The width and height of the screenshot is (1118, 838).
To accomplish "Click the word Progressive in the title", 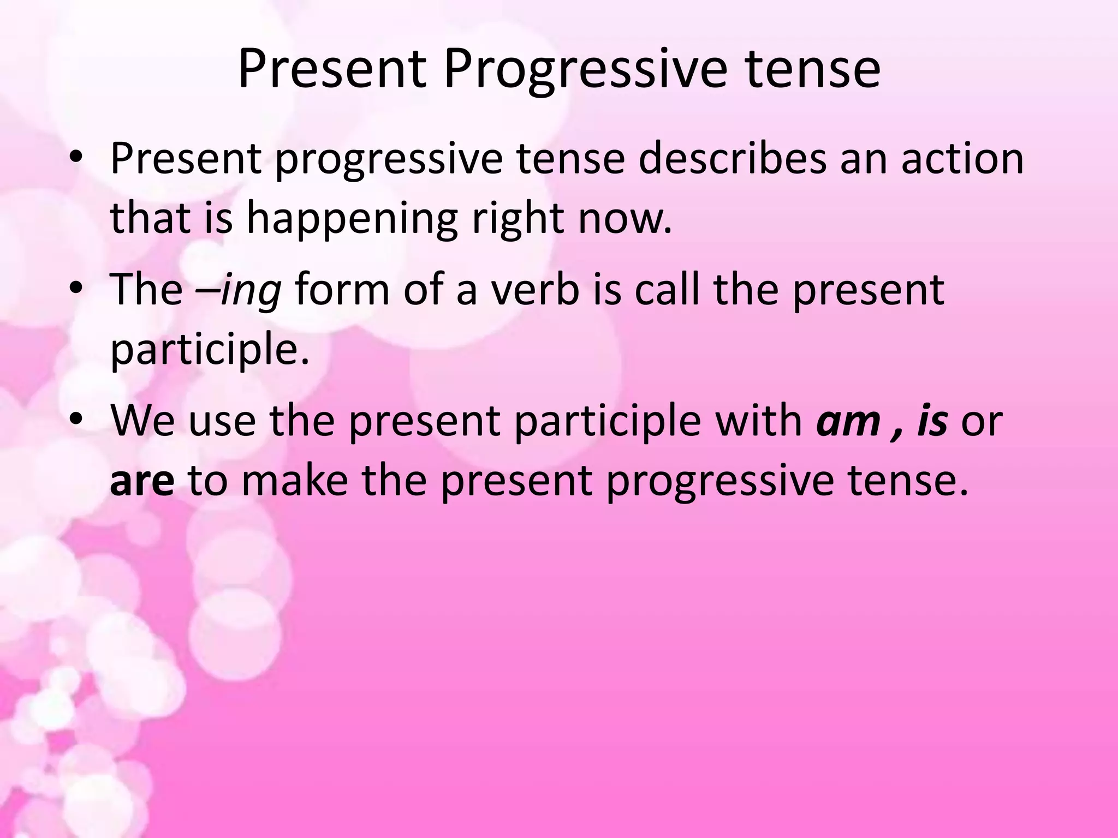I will coord(585,70).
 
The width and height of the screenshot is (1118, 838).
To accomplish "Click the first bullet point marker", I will coord(76,158).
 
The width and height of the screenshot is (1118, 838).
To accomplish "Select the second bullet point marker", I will coord(76,289).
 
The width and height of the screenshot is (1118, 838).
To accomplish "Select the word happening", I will coord(352,218).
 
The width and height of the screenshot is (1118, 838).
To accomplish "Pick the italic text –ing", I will coord(239,289).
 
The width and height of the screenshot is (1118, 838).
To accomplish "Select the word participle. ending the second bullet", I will coord(210,350).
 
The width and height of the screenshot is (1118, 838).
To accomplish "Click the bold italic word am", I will coord(848,421).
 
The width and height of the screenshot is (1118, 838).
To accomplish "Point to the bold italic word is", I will coord(932,421).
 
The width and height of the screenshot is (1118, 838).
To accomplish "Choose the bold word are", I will coord(142,481).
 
